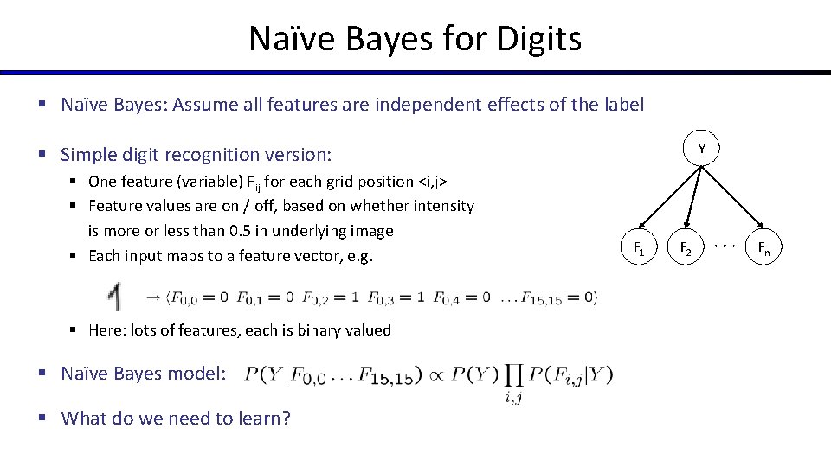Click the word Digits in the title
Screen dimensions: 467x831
pyautogui.click(x=538, y=38)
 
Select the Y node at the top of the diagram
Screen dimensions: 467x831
pyautogui.click(x=702, y=150)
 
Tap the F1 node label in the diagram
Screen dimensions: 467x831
pyautogui.click(x=639, y=249)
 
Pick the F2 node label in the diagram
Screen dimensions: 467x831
pyautogui.click(x=685, y=249)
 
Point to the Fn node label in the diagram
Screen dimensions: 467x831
pyautogui.click(x=764, y=249)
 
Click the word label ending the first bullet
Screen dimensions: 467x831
pyautogui.click(x=622, y=105)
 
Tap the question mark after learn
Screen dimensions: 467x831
pyautogui.click(x=286, y=419)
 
